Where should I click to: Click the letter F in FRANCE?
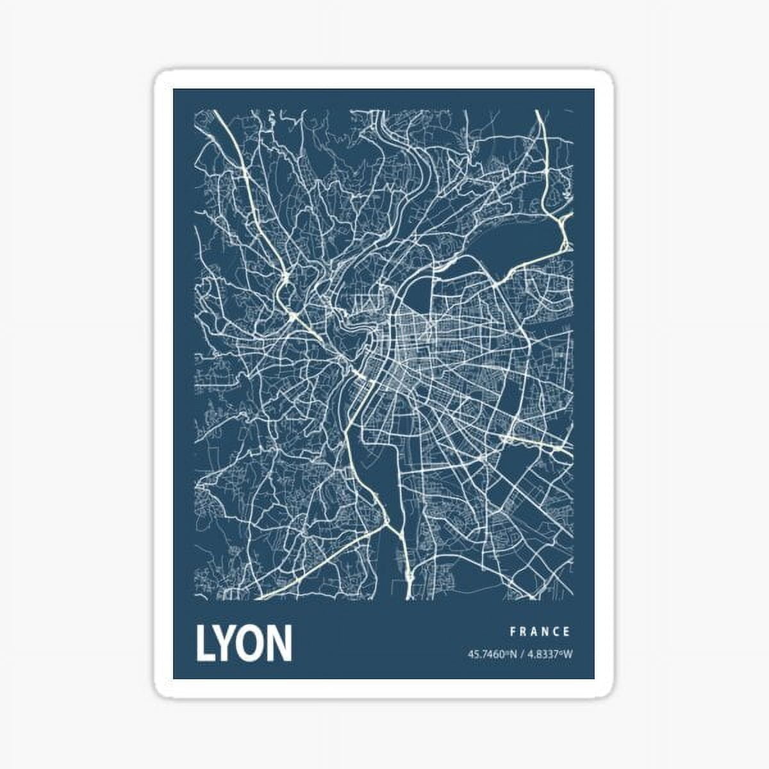coord(513,631)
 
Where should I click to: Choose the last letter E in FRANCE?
coord(568,631)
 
